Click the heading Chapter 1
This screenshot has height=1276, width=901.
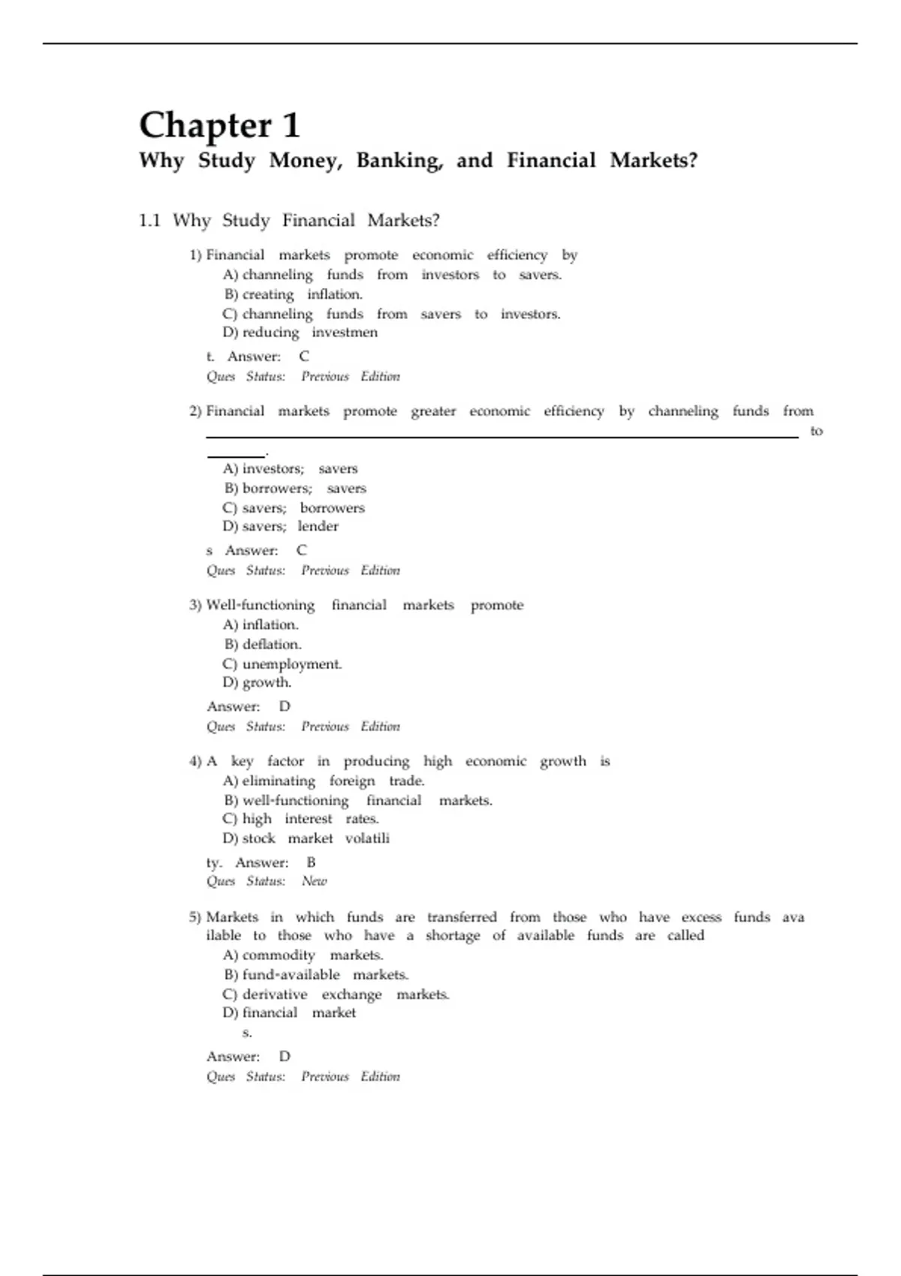pyautogui.click(x=219, y=125)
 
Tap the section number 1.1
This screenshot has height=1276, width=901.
pyautogui.click(x=149, y=221)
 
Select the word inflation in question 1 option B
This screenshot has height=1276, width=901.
pyautogui.click(x=334, y=294)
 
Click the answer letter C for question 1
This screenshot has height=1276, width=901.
pyautogui.click(x=303, y=357)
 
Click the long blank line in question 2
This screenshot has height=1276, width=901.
pyautogui.click(x=502, y=436)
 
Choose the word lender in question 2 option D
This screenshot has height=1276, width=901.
pyautogui.click(x=318, y=526)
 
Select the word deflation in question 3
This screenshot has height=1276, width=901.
pyautogui.click(x=271, y=644)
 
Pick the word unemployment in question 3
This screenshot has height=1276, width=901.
pyautogui.click(x=291, y=664)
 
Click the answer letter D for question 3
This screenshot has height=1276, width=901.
pyautogui.click(x=285, y=706)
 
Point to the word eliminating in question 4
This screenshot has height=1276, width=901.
pyautogui.click(x=279, y=781)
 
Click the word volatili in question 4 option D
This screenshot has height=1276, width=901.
pyautogui.click(x=367, y=838)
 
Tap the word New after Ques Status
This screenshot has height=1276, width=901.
pyautogui.click(x=314, y=881)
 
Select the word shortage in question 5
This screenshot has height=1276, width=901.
pyautogui.click(x=452, y=935)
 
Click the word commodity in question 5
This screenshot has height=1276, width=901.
pyautogui.click(x=279, y=955)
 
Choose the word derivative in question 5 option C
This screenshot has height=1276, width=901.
pyautogui.click(x=275, y=995)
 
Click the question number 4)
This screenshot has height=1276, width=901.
pyautogui.click(x=195, y=762)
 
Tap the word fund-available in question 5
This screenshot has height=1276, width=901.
pyautogui.click(x=291, y=974)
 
